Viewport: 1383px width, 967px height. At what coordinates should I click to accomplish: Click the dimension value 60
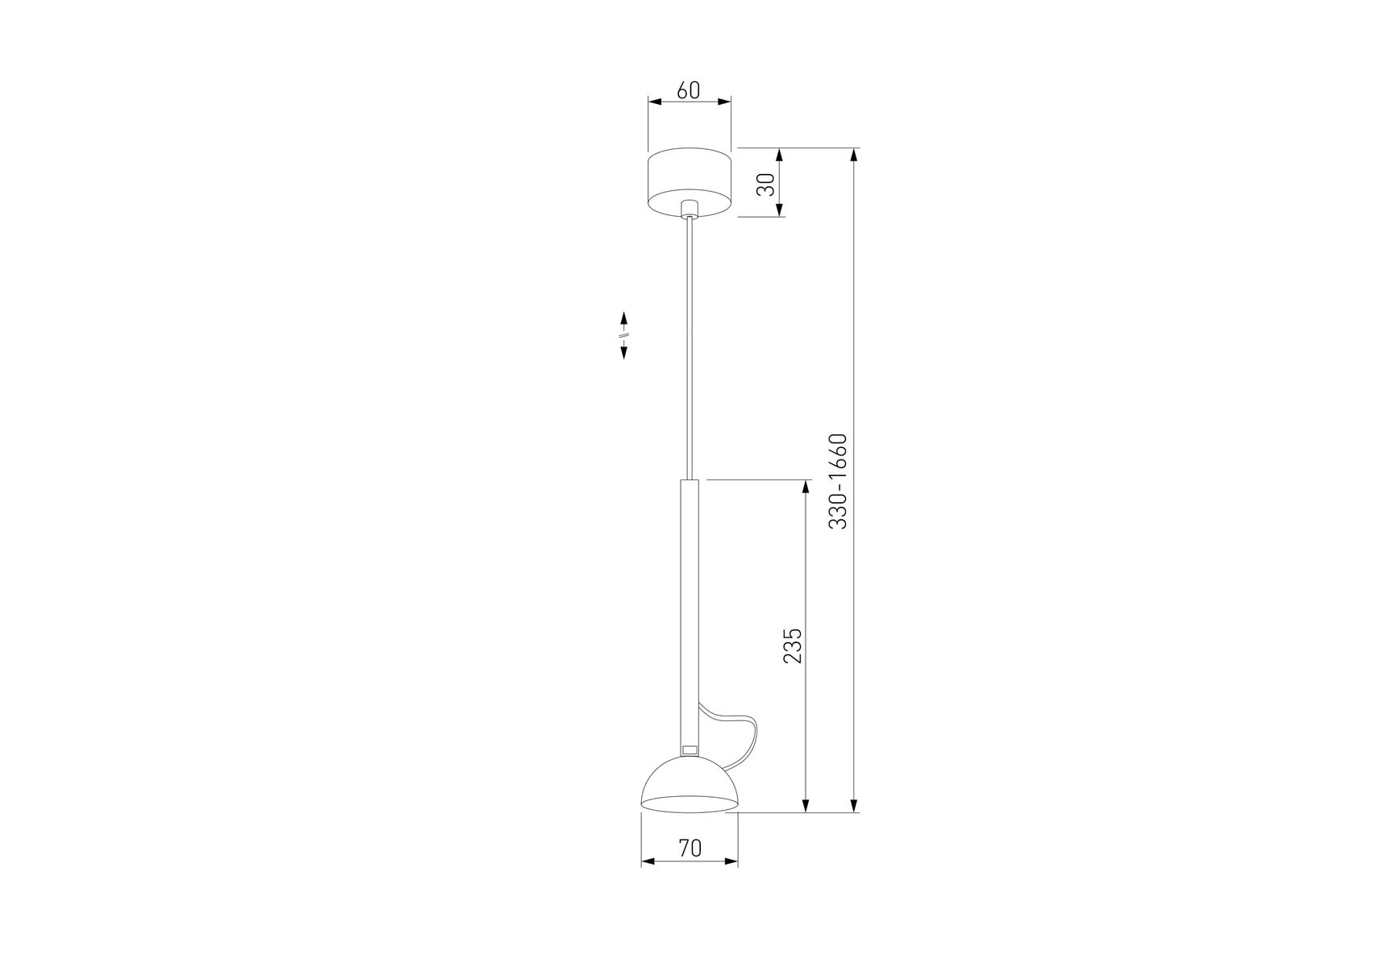[x=688, y=90]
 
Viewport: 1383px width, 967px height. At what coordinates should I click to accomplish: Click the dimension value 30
[x=767, y=185]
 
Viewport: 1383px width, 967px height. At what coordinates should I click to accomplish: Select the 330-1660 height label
[x=839, y=481]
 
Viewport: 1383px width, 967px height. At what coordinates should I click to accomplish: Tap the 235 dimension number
[x=793, y=645]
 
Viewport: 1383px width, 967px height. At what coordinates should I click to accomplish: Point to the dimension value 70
[x=689, y=848]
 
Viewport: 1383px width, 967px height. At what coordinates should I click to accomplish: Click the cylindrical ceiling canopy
[x=689, y=183]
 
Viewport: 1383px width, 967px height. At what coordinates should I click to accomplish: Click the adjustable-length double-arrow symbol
[x=623, y=334]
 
